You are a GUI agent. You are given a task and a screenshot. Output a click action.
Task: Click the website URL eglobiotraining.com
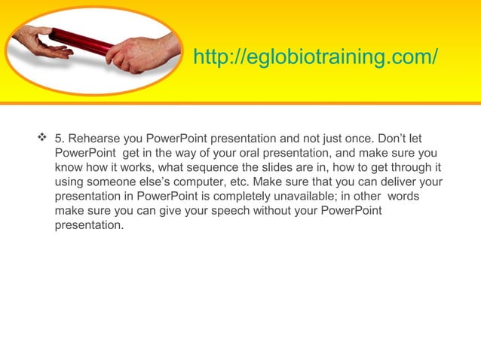tap(315, 57)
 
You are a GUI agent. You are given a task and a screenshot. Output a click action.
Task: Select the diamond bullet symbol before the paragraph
tap(41, 139)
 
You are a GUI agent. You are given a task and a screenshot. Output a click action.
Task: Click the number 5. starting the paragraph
tap(60, 139)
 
